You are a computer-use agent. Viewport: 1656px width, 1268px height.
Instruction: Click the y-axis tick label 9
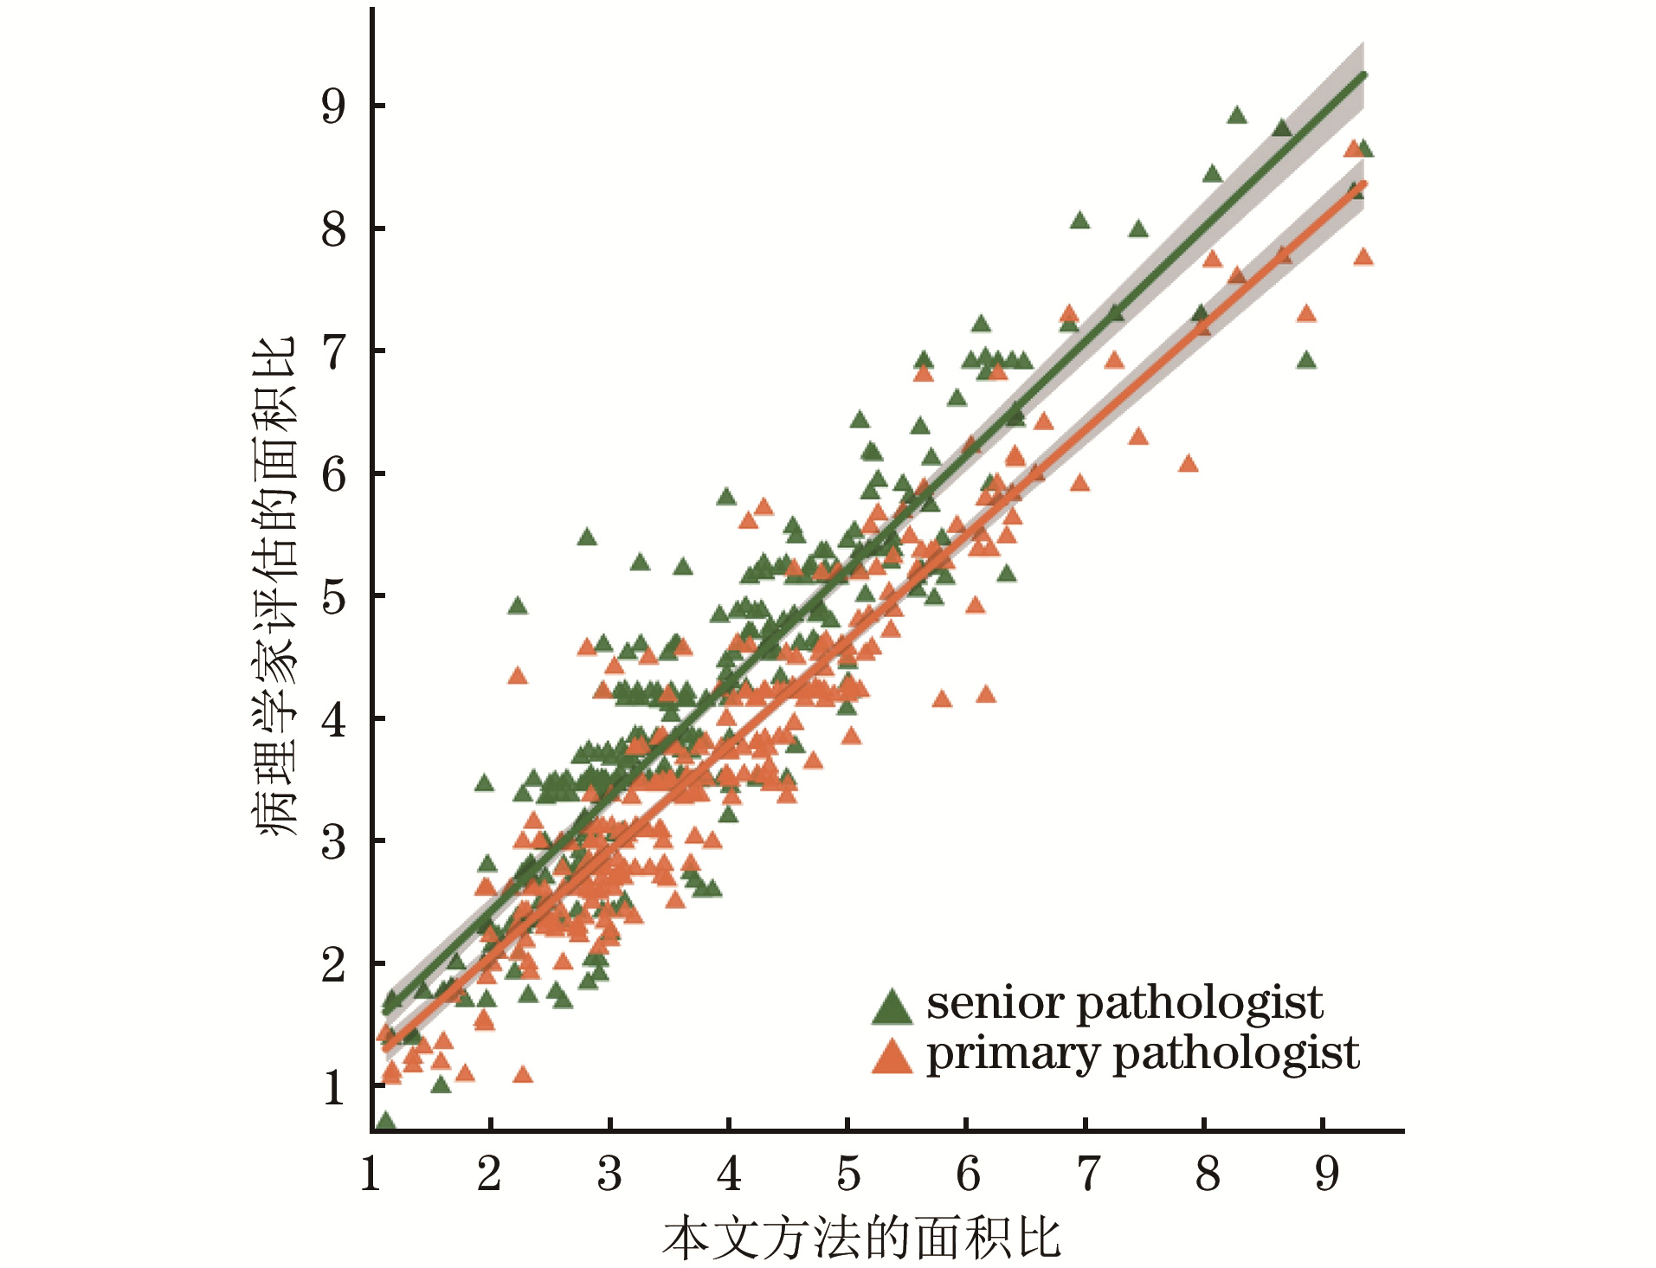pos(333,106)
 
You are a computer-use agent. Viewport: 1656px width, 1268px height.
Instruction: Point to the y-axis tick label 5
pos(333,596)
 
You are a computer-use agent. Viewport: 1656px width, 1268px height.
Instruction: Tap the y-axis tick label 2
pos(333,964)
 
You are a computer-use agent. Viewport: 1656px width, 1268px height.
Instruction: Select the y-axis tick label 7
pos(333,351)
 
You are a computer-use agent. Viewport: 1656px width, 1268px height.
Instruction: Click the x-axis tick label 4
pos(729,1174)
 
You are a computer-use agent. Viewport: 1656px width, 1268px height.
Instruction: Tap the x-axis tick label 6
pos(968,1174)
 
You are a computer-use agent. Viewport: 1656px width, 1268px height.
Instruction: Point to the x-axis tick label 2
pos(489,1174)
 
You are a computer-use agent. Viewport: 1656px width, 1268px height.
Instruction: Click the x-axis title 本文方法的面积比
pos(861,1239)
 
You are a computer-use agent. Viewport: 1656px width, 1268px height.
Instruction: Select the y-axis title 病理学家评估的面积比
pos(275,586)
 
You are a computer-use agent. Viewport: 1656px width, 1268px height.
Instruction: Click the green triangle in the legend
pos(892,1006)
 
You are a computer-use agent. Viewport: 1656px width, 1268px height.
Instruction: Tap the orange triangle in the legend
pos(892,1056)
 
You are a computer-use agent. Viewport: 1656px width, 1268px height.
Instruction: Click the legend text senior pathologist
pos(1124,1003)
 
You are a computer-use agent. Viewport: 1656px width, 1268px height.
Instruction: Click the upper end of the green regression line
pos(1363,74)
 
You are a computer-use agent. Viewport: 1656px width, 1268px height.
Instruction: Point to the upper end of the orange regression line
pos(1363,183)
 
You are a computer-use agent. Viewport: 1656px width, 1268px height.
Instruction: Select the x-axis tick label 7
pos(1087,1174)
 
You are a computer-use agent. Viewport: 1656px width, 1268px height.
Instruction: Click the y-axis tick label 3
pos(333,841)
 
